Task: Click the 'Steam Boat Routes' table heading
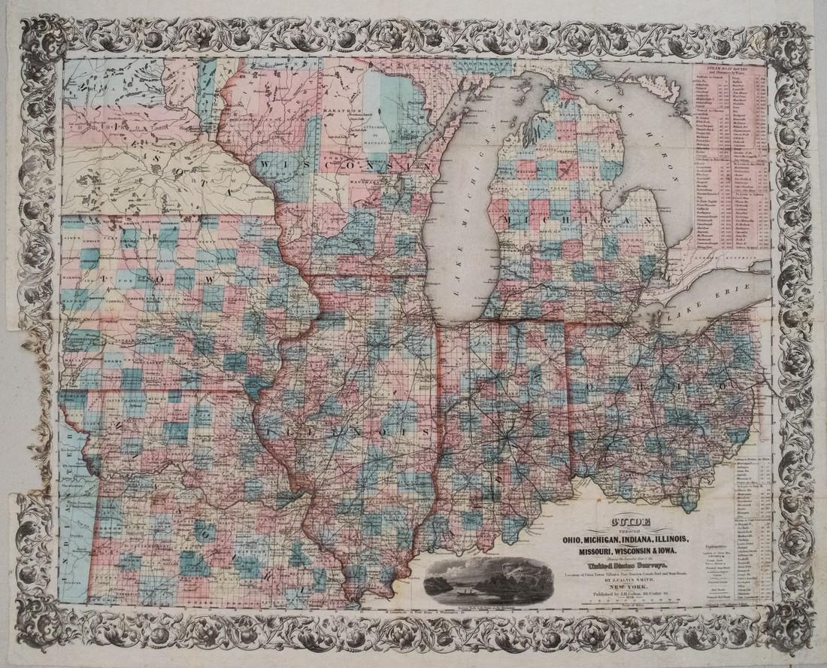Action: point(729,74)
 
